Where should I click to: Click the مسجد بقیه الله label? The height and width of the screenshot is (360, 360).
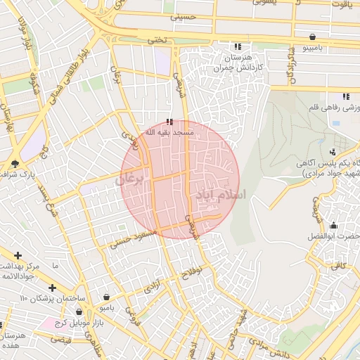168,131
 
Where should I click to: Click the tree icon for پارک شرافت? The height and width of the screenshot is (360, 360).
15,163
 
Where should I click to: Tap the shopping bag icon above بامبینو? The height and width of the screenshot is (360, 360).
311,37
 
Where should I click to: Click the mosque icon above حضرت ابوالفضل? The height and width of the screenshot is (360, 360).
333,226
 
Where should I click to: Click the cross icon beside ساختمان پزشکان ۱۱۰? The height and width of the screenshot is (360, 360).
52,288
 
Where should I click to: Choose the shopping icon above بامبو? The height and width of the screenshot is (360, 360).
105,297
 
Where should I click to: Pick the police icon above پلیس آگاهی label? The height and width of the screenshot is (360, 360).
332,151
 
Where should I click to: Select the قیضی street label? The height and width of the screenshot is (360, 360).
62,340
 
